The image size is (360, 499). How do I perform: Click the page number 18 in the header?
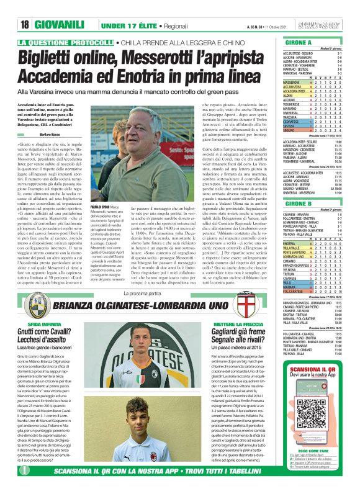25,24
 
